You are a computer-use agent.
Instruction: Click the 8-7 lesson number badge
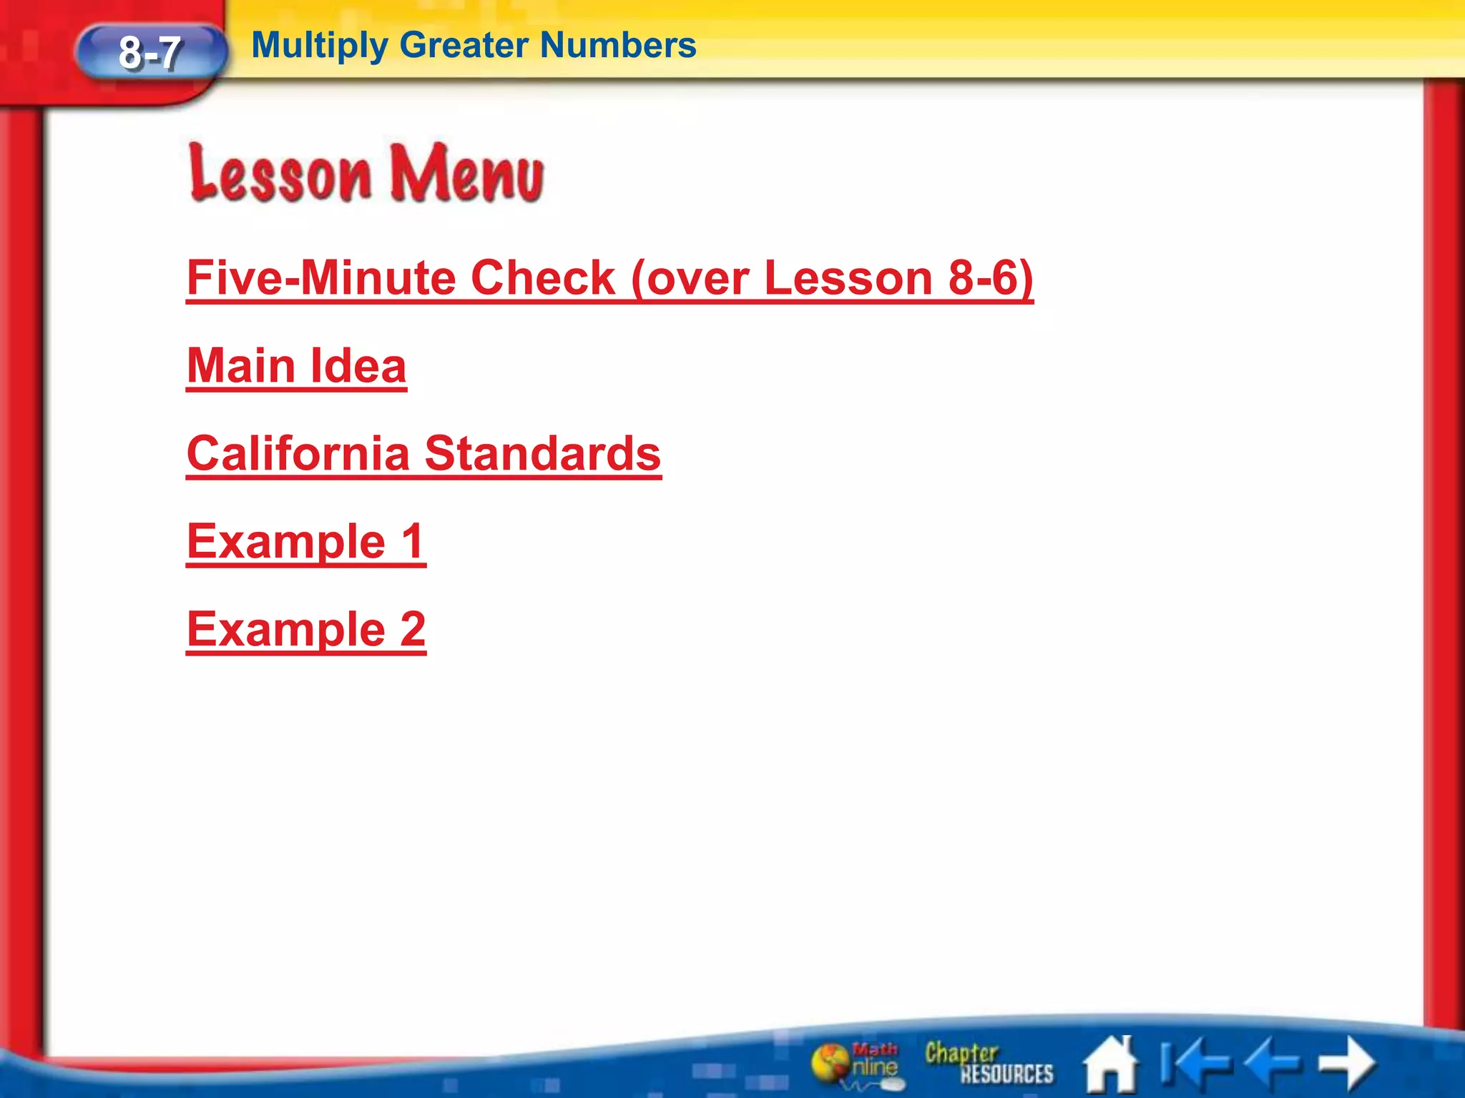pos(150,53)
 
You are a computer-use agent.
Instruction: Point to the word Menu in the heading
pos(466,174)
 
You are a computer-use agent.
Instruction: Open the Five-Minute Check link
pos(609,278)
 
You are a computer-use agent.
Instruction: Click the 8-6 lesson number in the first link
pos(986,278)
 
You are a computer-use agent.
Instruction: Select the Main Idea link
pos(296,366)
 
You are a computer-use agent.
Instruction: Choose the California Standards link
pos(423,454)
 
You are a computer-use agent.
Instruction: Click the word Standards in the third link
pos(543,454)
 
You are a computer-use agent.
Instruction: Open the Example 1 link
pos(306,542)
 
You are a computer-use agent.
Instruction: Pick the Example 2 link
pos(306,630)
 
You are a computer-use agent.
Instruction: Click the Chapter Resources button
pos(989,1063)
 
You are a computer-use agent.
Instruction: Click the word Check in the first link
pos(543,278)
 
